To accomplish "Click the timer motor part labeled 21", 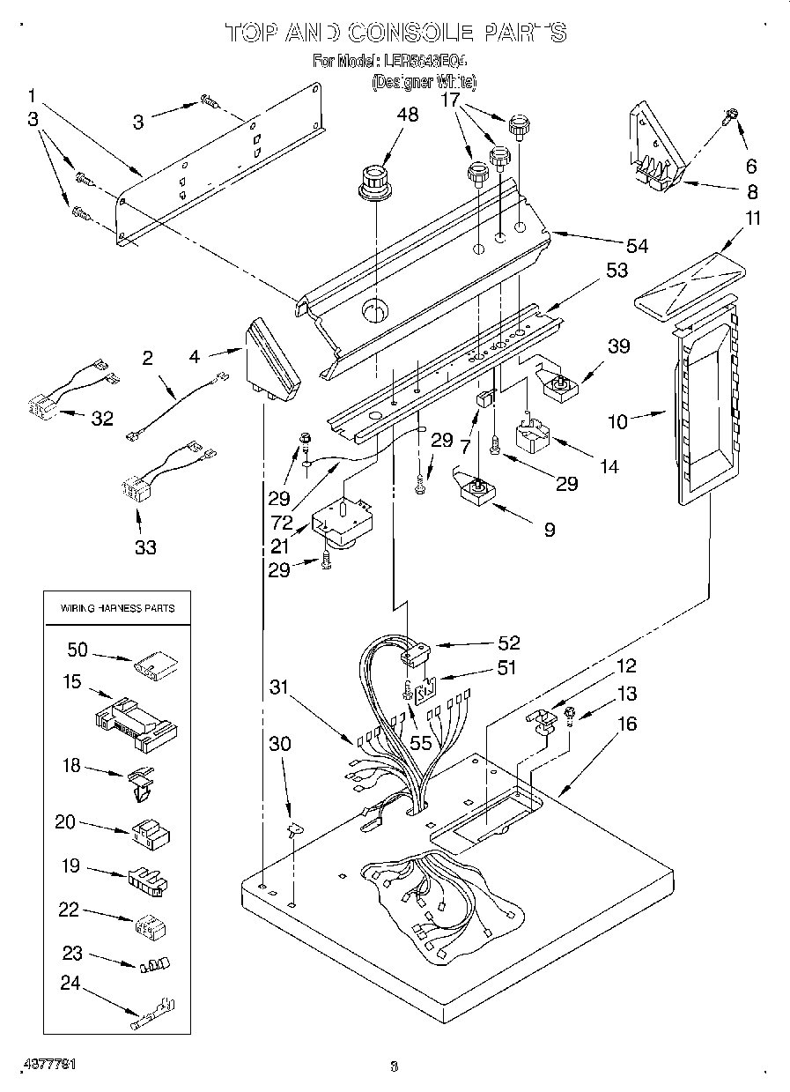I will tap(342, 524).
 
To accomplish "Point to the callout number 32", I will tap(102, 418).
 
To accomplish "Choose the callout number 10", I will tap(619, 421).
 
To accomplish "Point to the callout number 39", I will tap(619, 346).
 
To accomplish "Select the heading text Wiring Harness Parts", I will tap(117, 608).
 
